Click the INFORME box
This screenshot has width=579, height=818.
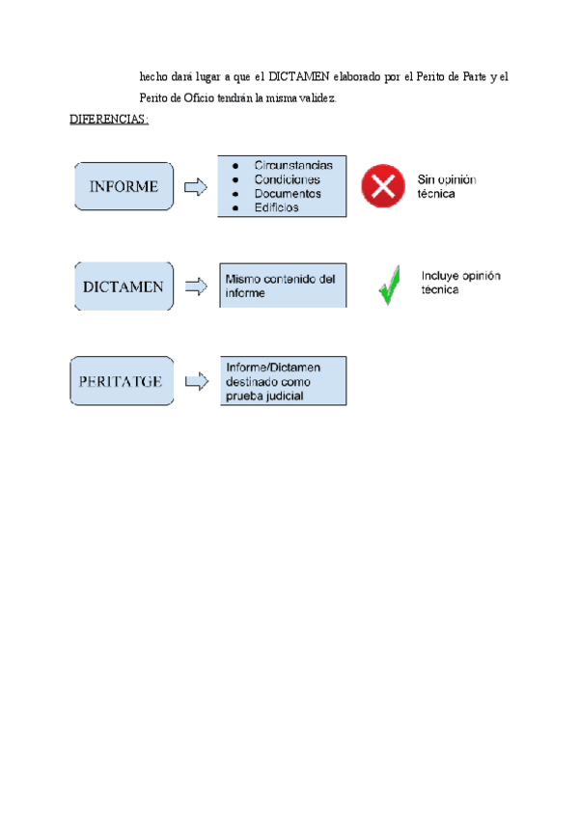click(124, 186)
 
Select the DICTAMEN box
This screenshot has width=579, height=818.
click(124, 286)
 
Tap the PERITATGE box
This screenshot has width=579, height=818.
click(121, 381)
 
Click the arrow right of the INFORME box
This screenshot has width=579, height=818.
click(195, 187)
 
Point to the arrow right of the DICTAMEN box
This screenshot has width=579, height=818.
click(196, 286)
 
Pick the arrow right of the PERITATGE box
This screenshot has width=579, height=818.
click(196, 382)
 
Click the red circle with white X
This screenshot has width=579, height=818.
click(383, 185)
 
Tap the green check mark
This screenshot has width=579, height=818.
click(390, 286)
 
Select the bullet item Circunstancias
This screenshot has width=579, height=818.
click(293, 165)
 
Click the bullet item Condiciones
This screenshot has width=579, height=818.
click(288, 178)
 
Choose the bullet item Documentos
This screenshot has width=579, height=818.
click(288, 193)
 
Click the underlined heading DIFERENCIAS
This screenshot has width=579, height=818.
click(108, 120)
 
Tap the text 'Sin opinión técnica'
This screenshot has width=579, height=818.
click(448, 186)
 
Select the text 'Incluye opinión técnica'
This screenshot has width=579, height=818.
click(460, 282)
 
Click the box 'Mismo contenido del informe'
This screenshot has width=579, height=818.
click(282, 286)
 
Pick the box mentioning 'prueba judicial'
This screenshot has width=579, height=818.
click(282, 381)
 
